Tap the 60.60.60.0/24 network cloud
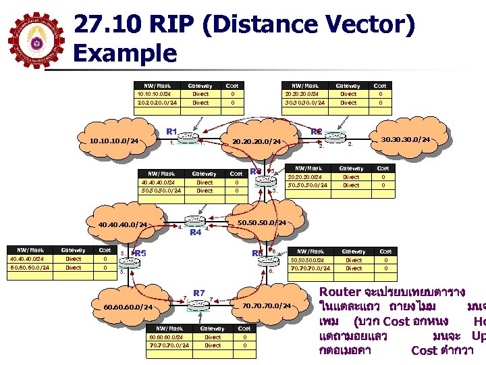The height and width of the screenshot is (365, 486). click(128, 308)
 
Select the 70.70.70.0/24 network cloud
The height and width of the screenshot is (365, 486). click(266, 306)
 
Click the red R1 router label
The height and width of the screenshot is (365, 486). click(171, 130)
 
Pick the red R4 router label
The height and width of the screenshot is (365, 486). click(195, 233)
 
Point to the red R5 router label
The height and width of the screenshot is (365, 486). click(141, 253)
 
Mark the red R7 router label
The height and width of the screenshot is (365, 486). click(198, 292)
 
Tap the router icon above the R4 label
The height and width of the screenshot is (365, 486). click(195, 221)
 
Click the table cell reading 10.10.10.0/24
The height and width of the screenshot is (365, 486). click(154, 94)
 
